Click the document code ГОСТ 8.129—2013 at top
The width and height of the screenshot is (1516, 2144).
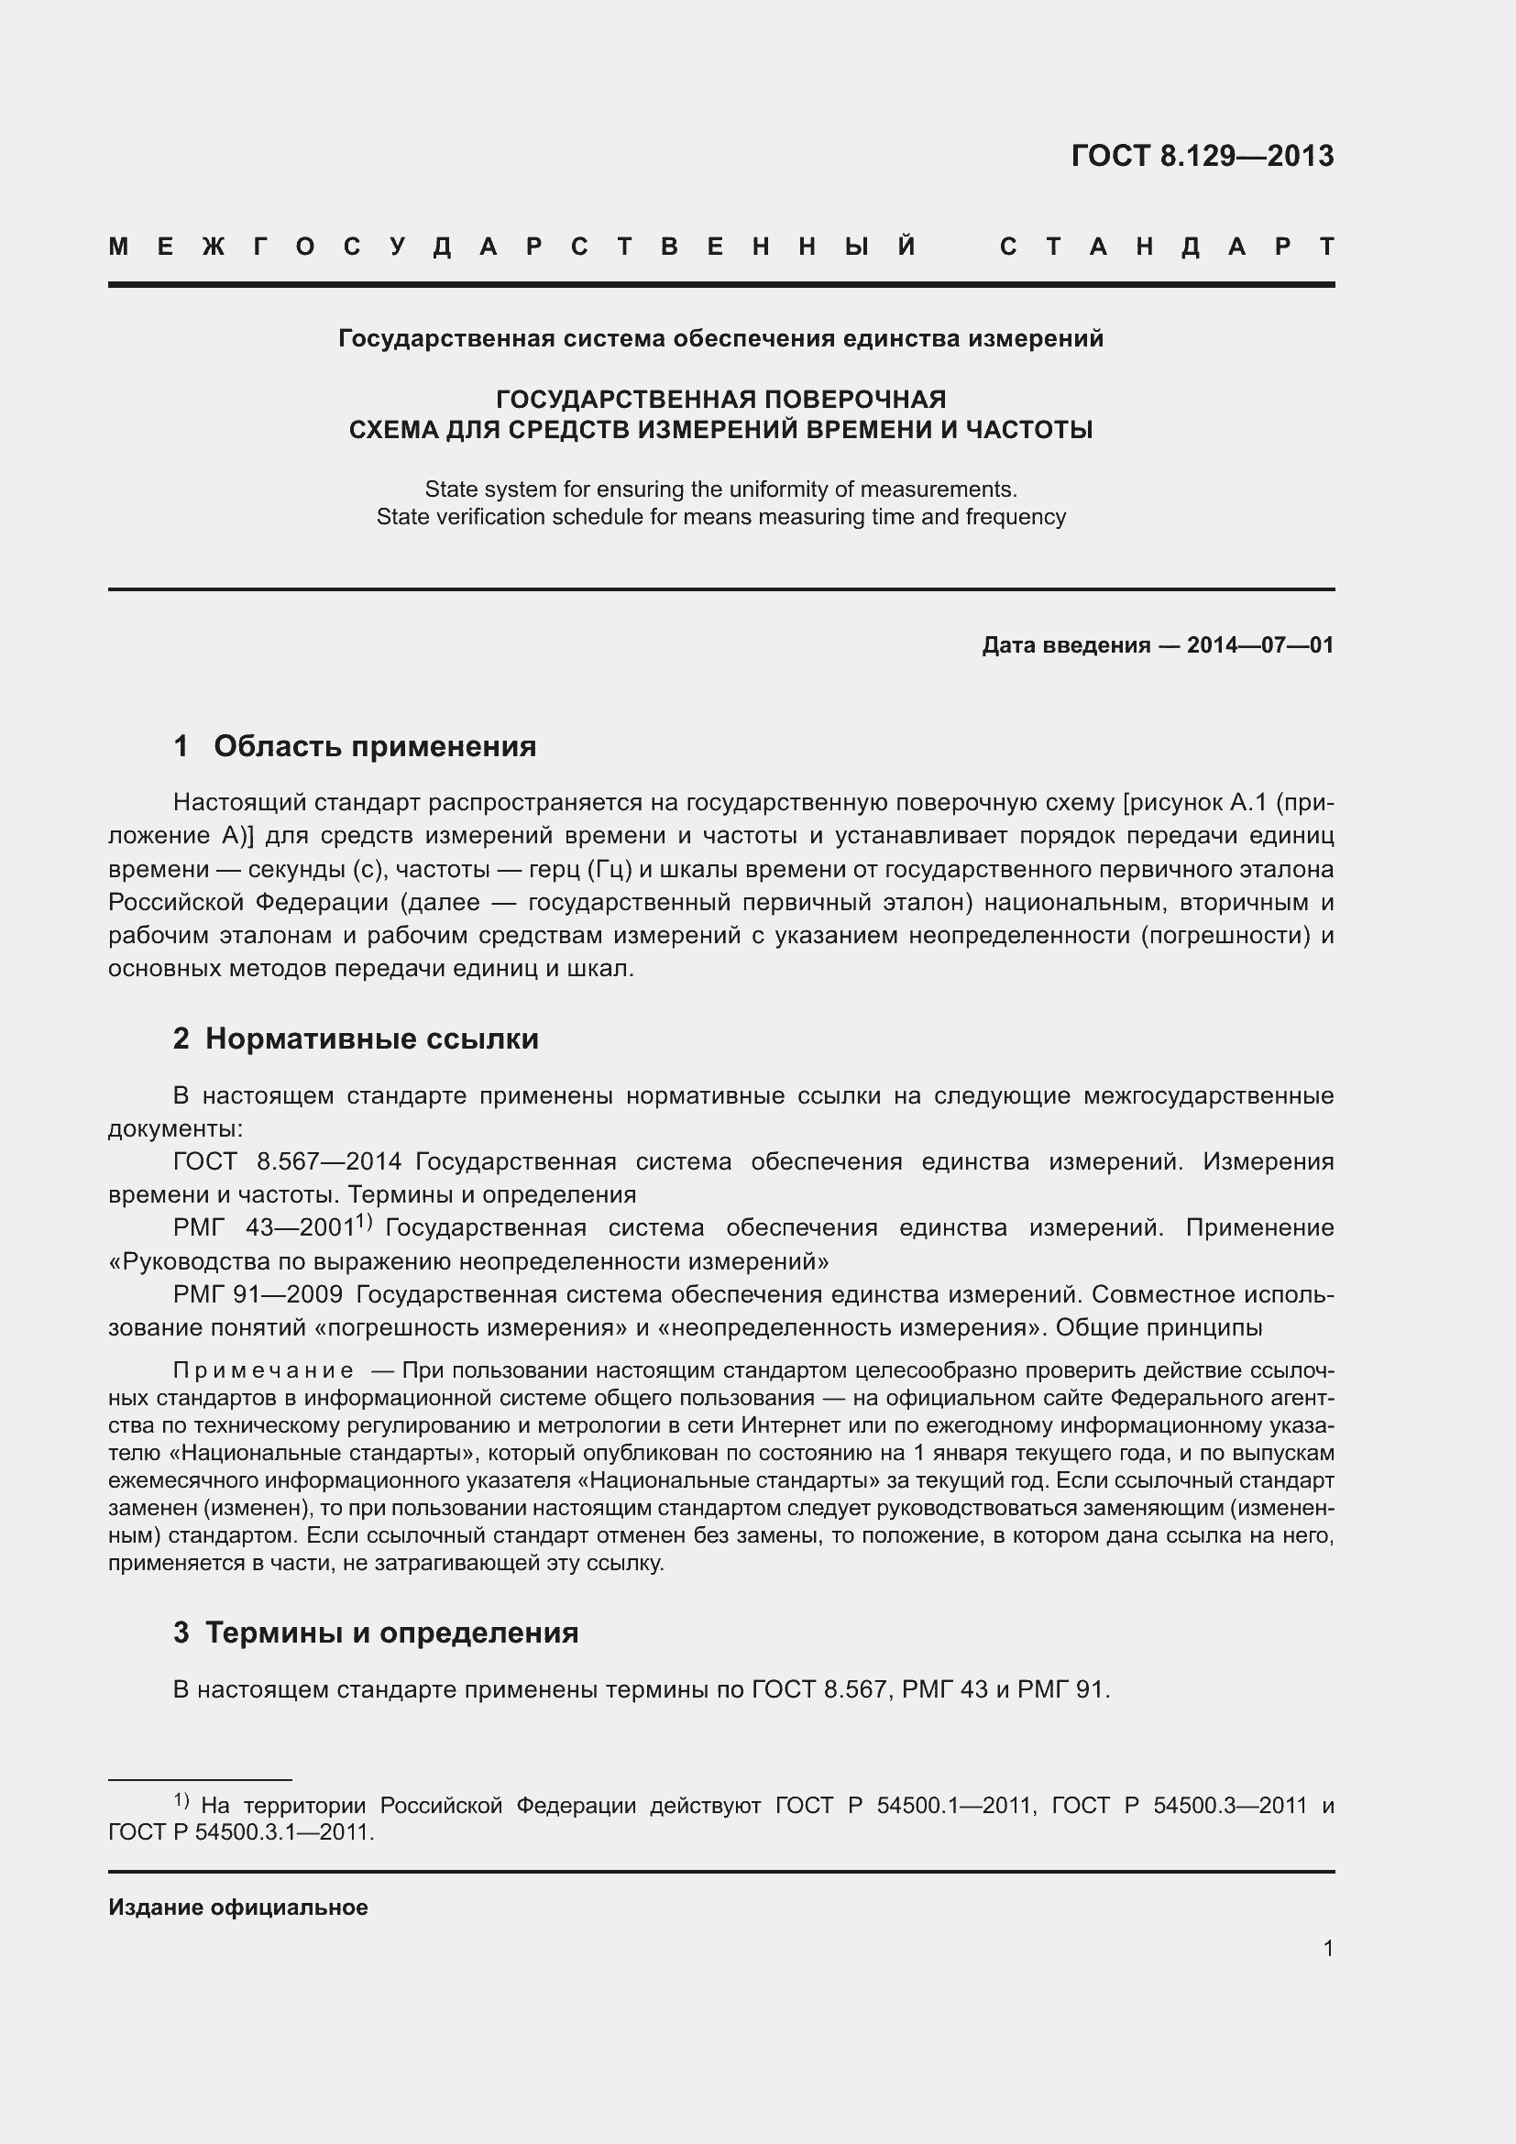(1203, 155)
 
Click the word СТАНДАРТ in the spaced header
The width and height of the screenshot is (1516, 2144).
(1167, 247)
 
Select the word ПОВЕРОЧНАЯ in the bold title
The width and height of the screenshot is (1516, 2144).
(855, 400)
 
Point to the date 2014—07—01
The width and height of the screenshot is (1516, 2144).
(1260, 645)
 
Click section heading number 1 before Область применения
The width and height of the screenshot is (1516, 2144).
(181, 746)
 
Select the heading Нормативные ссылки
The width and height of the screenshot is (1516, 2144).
(371, 1039)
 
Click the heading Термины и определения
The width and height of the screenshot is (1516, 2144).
(391, 1633)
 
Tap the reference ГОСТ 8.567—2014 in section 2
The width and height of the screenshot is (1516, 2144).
(288, 1161)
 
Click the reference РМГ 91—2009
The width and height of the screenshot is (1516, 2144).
(258, 1294)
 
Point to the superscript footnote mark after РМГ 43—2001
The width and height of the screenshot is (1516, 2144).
(365, 1221)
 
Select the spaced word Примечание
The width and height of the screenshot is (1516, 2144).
(263, 1369)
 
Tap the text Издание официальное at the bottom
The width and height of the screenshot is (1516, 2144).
(238, 1907)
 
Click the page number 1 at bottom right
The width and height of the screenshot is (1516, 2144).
(1327, 1948)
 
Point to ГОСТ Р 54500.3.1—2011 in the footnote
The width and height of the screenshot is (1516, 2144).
(241, 1832)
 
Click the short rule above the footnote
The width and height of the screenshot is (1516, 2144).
(200, 1780)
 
